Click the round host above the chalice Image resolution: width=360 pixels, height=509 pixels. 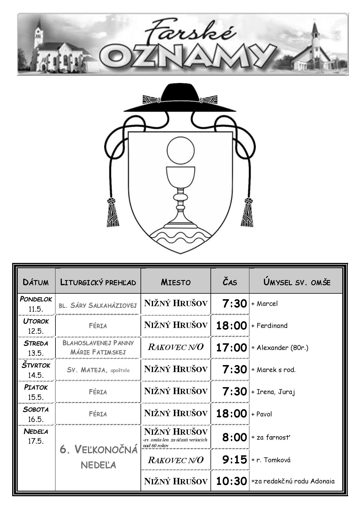click(x=180, y=150)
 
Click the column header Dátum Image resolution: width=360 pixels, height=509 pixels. click(x=36, y=282)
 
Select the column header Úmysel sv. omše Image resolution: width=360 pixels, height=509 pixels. click(x=297, y=282)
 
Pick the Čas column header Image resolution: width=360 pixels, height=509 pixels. click(x=230, y=282)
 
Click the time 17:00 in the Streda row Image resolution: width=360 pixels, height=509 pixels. click(x=231, y=347)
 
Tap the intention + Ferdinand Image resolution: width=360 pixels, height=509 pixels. click(x=269, y=325)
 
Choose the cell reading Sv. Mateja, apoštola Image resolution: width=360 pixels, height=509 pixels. click(x=98, y=370)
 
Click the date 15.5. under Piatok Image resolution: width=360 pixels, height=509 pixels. click(x=36, y=397)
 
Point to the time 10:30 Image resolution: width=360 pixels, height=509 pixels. click(x=231, y=481)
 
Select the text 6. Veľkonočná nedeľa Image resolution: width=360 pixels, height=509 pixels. click(x=98, y=457)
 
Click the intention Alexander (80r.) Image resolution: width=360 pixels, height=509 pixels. click(x=280, y=347)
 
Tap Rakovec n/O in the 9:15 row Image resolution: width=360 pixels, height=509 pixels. click(x=176, y=460)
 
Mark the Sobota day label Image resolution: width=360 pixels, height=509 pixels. click(x=36, y=409)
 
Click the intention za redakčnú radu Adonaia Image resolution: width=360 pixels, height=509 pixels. click(x=293, y=481)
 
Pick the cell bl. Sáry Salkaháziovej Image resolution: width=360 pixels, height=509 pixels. click(x=98, y=305)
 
